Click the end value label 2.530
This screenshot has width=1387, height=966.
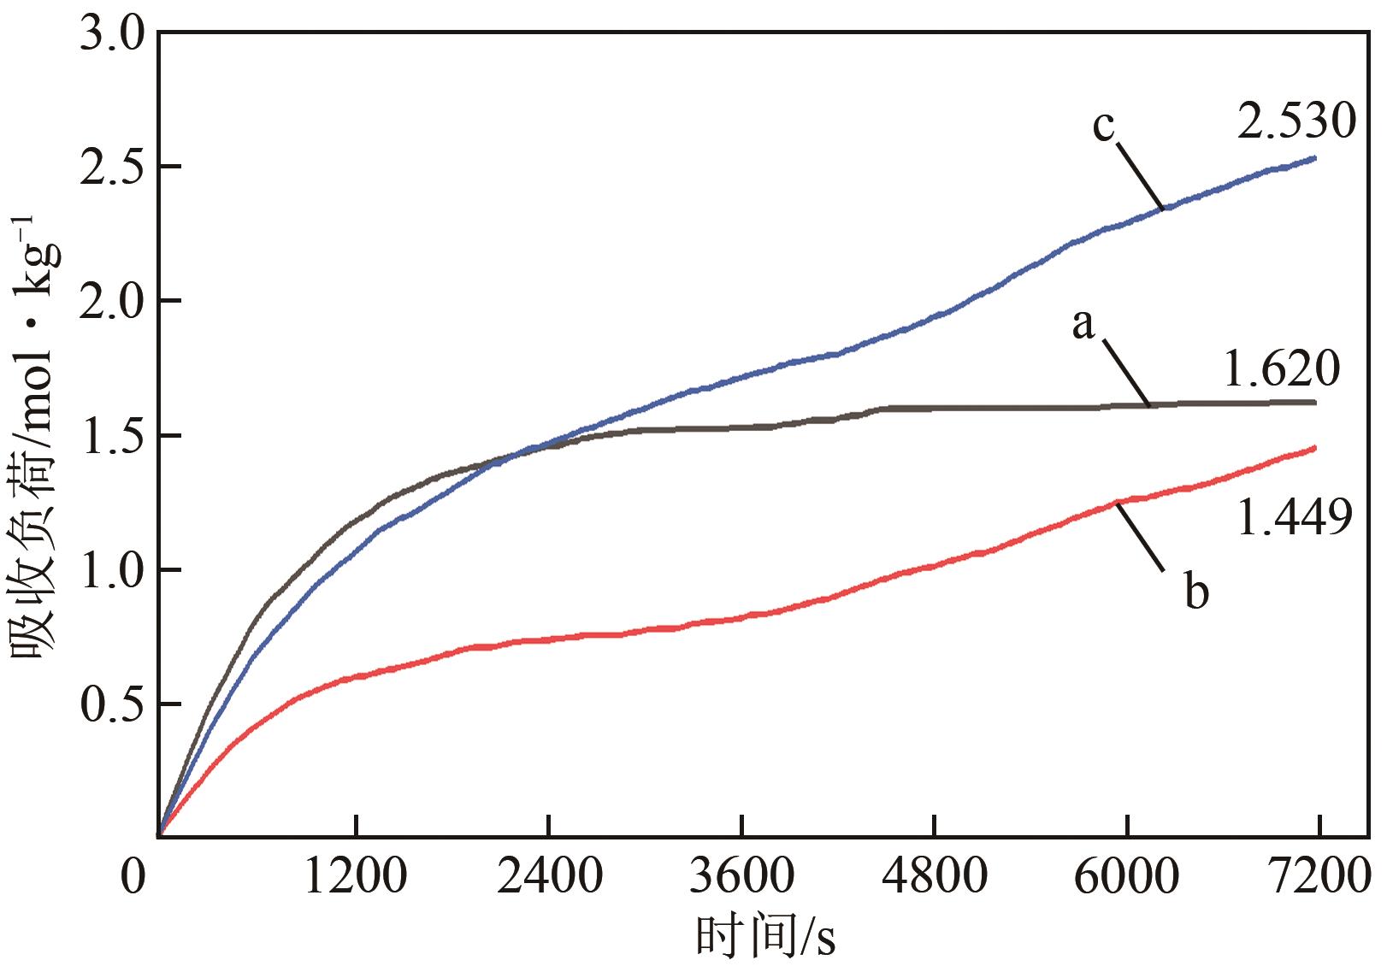click(x=1296, y=121)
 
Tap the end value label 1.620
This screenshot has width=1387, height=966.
click(x=1280, y=369)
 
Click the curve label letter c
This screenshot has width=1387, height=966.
click(x=1103, y=126)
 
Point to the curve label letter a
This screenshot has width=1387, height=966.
click(x=1083, y=325)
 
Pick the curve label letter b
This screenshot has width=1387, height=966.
click(x=1196, y=591)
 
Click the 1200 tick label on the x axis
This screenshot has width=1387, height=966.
click(x=355, y=877)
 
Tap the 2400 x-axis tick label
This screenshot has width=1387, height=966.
click(x=548, y=877)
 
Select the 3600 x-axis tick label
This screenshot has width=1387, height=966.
click(x=741, y=877)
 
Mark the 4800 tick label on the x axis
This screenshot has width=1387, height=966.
click(x=935, y=877)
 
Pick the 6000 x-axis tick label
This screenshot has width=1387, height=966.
click(x=1127, y=877)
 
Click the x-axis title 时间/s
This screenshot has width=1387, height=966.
click(x=764, y=936)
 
